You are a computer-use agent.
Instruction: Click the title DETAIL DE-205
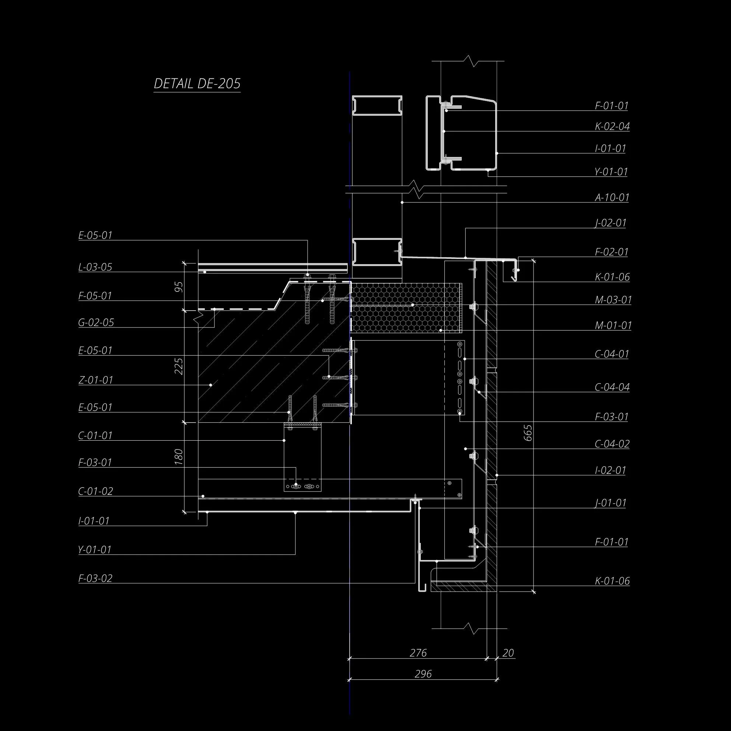point(197,84)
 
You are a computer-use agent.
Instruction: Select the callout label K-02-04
point(612,126)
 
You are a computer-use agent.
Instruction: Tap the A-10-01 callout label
point(612,197)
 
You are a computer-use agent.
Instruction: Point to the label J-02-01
point(611,223)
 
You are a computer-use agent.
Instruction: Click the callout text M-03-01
point(613,300)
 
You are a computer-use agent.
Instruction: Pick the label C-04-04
point(612,388)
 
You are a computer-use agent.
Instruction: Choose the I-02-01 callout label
point(610,470)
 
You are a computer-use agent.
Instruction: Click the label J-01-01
point(611,503)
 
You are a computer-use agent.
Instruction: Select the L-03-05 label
point(95,267)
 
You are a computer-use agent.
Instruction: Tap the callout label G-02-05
point(96,322)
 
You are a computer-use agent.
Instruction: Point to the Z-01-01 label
point(96,380)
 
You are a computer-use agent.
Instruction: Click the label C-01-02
point(96,491)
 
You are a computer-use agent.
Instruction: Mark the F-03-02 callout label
point(95,578)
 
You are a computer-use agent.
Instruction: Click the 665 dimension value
point(528,433)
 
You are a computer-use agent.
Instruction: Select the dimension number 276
point(418,653)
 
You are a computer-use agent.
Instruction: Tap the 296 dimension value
point(423,674)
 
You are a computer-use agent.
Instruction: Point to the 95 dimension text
point(179,287)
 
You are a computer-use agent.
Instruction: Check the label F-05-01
point(95,296)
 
